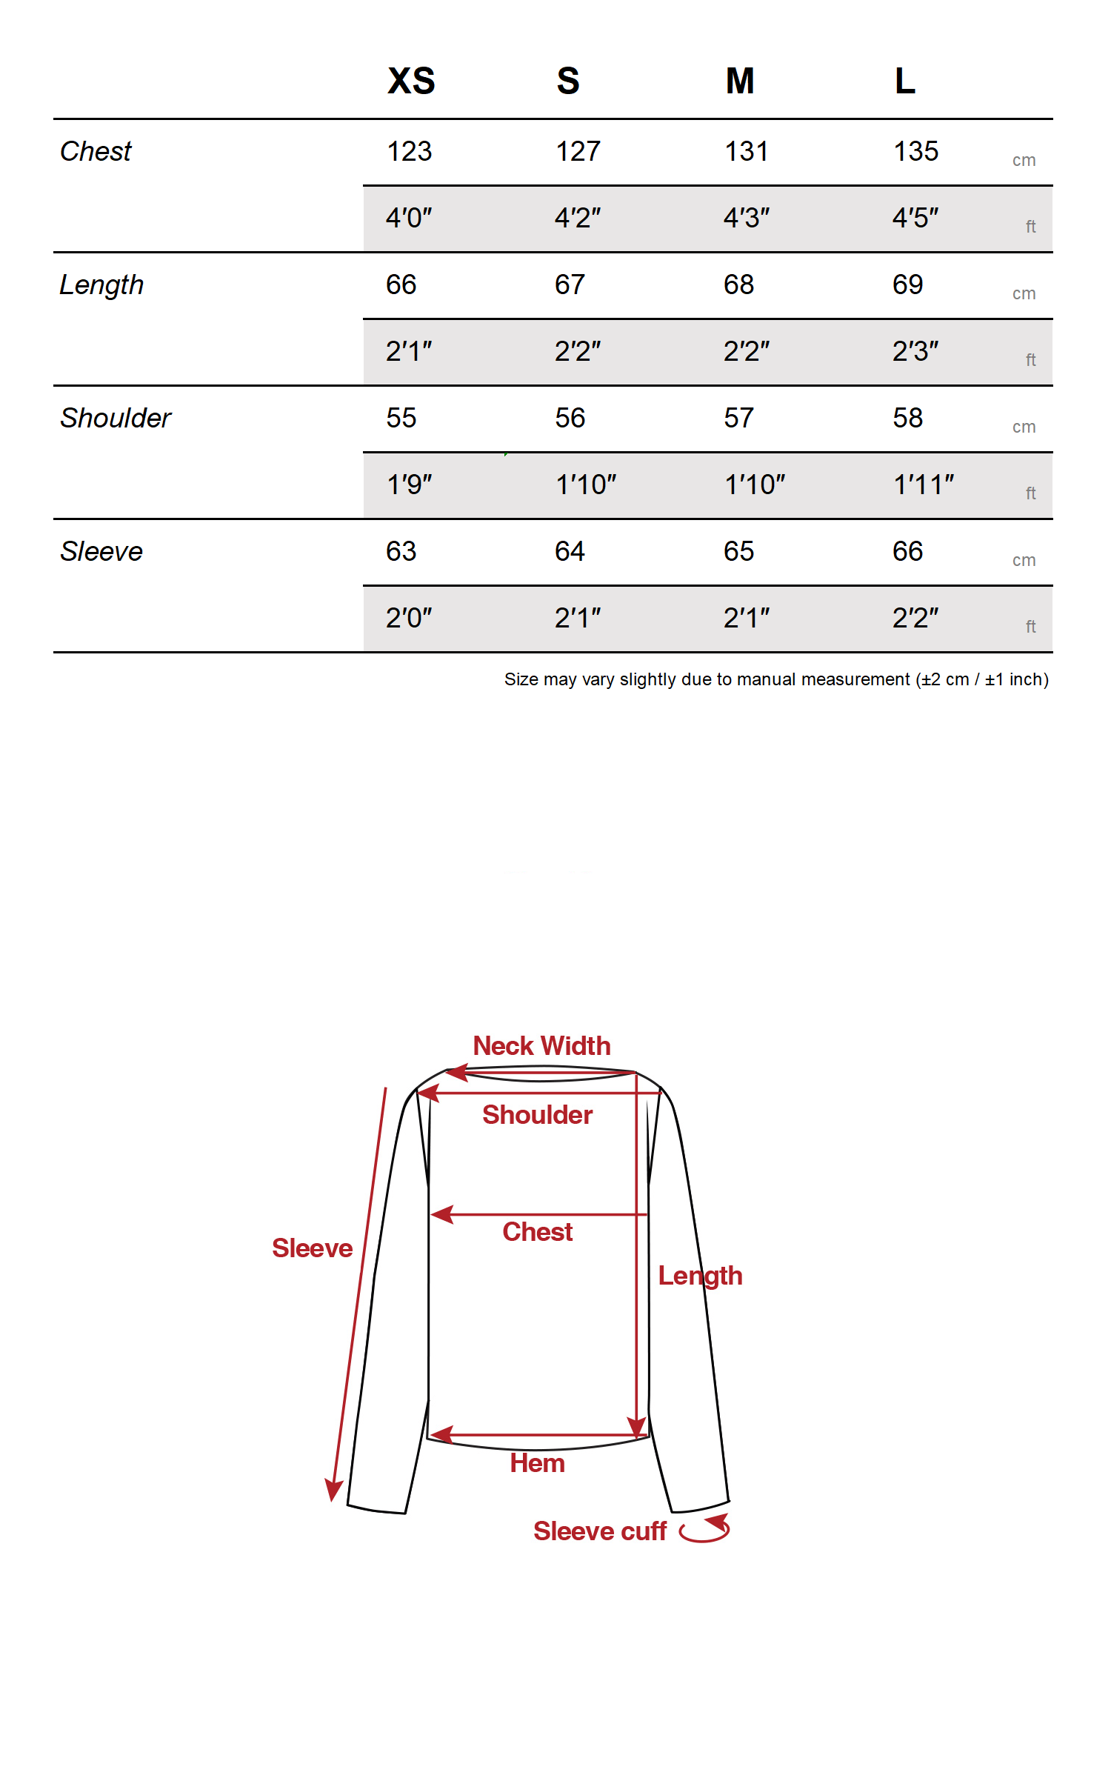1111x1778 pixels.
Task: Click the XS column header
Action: point(411,81)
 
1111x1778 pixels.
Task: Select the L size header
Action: point(905,81)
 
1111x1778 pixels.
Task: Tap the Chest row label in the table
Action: point(96,151)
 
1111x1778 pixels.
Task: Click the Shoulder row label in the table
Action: point(116,418)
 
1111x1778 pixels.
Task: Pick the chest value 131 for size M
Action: point(747,151)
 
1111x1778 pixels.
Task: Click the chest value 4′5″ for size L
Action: point(915,218)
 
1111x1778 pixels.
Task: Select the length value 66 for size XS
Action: point(401,284)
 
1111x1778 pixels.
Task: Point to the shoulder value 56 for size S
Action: point(570,418)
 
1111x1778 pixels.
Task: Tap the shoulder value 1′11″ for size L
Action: point(924,485)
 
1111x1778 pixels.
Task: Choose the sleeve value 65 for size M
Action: point(739,551)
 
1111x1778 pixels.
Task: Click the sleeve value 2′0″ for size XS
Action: point(409,618)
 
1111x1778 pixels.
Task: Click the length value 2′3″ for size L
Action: point(915,351)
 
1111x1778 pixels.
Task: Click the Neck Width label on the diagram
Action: point(542,1046)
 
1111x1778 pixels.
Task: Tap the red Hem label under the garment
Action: point(538,1463)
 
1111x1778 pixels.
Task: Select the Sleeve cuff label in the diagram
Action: point(600,1531)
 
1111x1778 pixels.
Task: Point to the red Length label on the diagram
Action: point(700,1276)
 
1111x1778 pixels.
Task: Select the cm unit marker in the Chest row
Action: point(1024,161)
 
